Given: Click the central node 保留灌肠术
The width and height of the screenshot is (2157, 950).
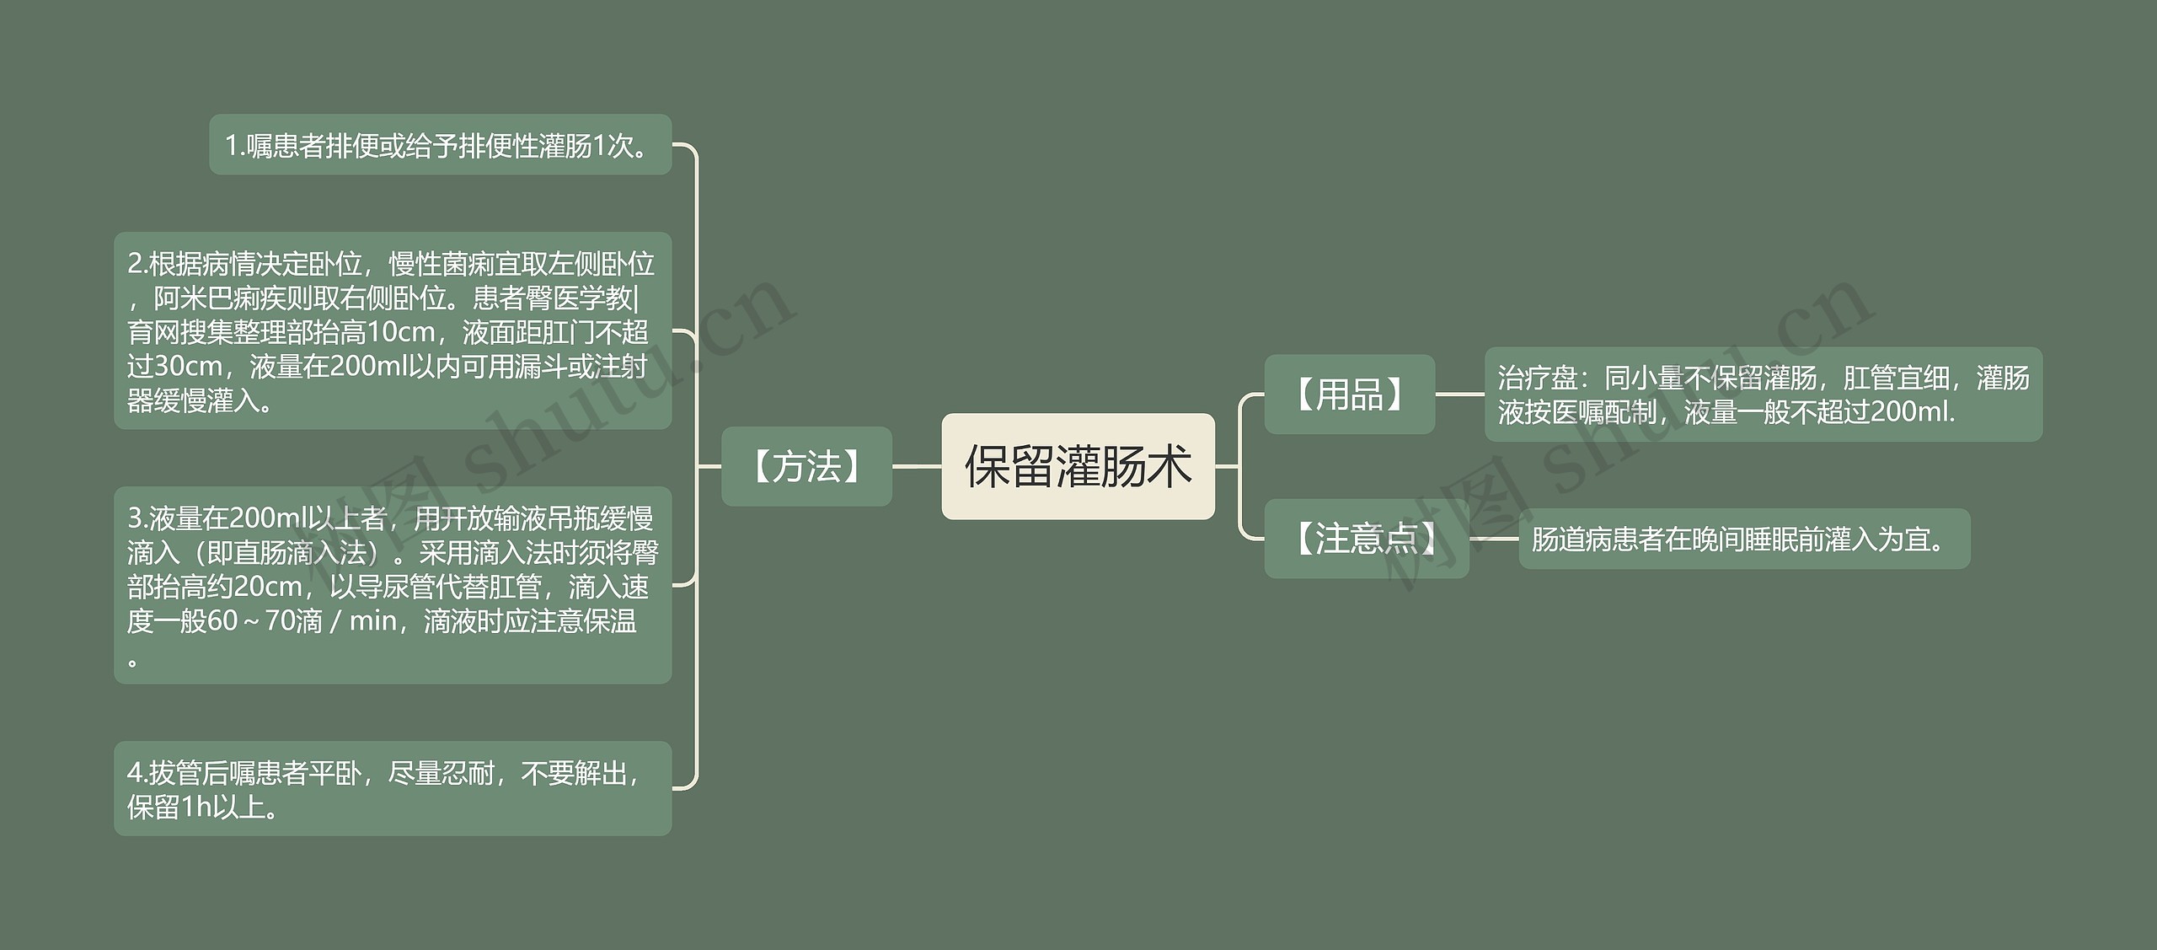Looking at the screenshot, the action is tap(1078, 466).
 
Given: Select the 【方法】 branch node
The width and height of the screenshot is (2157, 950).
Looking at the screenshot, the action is tap(806, 466).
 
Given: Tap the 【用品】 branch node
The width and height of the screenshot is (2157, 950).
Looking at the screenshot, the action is tap(1349, 394).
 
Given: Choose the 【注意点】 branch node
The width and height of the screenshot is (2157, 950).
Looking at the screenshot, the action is tap(1366, 539).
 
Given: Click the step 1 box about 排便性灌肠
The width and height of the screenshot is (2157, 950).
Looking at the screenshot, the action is tap(440, 145).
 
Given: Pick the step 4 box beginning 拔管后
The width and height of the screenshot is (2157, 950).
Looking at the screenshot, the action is tap(393, 789).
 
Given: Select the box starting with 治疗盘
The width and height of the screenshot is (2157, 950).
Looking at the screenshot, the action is tap(1763, 394).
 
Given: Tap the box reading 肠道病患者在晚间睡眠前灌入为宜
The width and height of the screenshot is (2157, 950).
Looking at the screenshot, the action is tap(1743, 539).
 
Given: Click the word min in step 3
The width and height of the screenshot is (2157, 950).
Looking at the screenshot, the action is tap(372, 621).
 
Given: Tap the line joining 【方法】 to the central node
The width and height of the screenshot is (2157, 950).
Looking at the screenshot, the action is tap(917, 466).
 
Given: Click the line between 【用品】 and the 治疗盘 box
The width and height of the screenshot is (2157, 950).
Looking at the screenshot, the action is tap(1459, 394).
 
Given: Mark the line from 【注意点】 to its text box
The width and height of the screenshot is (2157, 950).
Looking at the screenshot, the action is tap(1494, 539).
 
